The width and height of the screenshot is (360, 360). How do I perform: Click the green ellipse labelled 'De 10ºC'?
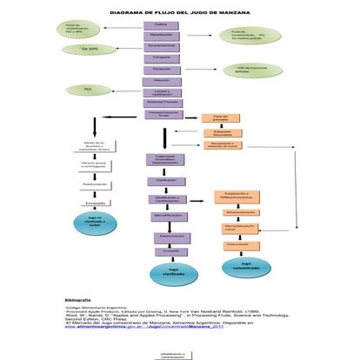85,50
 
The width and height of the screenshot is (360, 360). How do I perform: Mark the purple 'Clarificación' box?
161,179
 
